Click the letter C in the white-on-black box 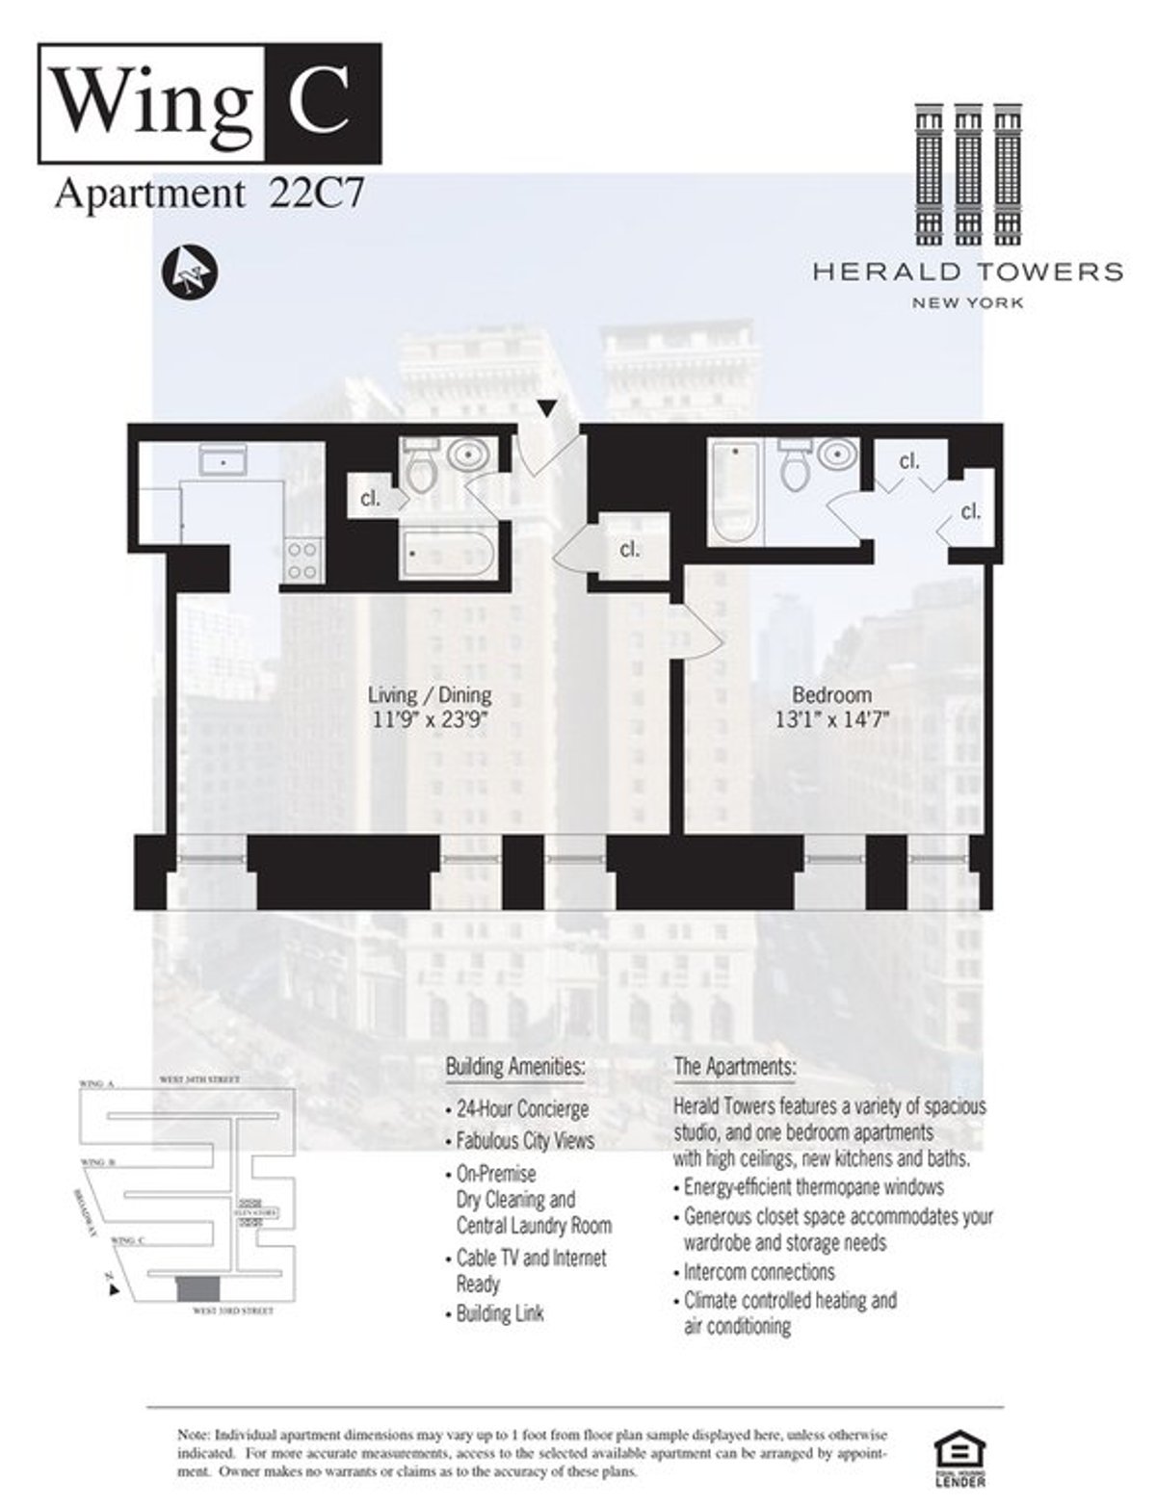[x=322, y=103]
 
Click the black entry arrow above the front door [x=546, y=409]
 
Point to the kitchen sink [x=223, y=461]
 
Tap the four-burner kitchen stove [x=303, y=560]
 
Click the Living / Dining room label [x=430, y=694]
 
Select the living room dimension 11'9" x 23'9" [x=430, y=719]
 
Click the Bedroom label [x=831, y=694]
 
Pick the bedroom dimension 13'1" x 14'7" [x=831, y=719]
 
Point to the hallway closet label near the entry [x=629, y=550]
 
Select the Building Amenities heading [x=515, y=1067]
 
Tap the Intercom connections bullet [x=759, y=1272]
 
